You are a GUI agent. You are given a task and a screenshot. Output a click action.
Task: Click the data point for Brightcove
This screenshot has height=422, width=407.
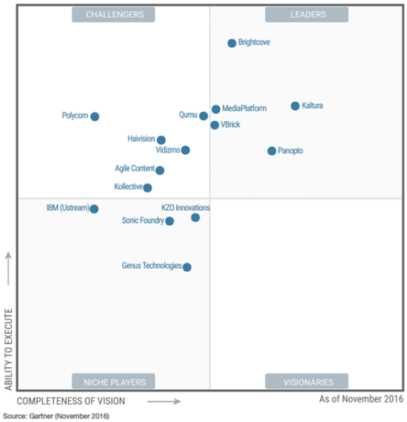tap(232, 44)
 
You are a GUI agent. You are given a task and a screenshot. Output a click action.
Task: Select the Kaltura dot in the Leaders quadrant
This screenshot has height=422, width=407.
tap(295, 106)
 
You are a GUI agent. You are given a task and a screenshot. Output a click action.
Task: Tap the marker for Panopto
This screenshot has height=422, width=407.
tap(272, 151)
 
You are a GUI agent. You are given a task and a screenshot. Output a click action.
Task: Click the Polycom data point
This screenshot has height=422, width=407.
tap(95, 116)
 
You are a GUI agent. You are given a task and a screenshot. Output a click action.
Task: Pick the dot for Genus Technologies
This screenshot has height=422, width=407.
tap(187, 266)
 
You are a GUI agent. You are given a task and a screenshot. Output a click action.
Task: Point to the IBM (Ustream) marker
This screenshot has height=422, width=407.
tap(94, 209)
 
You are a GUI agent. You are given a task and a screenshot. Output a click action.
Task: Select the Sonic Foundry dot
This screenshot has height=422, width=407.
tap(170, 221)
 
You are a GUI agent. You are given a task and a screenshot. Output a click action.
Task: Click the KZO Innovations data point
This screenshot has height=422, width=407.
tap(196, 217)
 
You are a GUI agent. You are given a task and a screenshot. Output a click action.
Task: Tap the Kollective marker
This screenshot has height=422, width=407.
tap(147, 188)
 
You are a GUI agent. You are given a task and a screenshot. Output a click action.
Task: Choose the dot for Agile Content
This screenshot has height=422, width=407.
tap(160, 170)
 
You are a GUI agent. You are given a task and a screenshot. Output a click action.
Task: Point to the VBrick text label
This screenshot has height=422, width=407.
tap(231, 124)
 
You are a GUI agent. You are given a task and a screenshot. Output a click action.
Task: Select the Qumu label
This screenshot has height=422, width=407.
tap(187, 115)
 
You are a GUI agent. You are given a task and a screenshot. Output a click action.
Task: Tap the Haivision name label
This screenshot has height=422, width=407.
tap(141, 138)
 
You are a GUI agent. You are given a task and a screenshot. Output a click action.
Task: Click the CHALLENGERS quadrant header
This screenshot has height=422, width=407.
tap(113, 14)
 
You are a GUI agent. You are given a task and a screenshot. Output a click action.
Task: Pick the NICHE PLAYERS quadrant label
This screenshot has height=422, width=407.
tap(113, 381)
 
